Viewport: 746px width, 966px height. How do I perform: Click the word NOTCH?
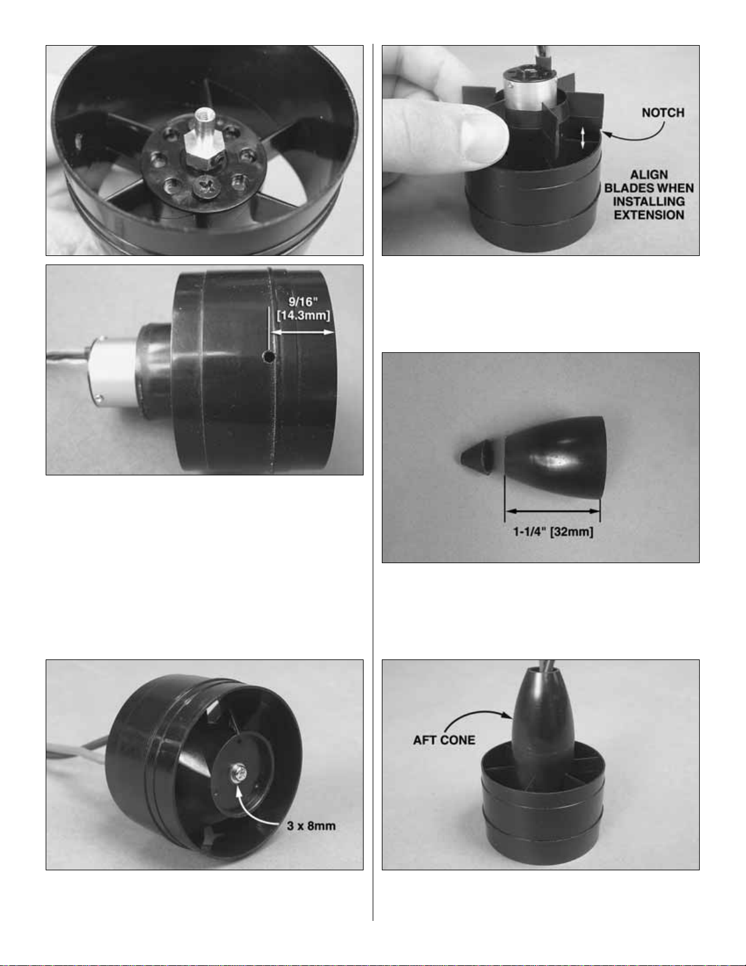tap(663, 113)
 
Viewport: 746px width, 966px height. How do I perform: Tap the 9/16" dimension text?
tap(303, 302)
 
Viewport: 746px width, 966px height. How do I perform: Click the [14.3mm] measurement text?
tap(303, 316)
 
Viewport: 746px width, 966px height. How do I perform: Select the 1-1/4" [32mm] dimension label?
tap(554, 531)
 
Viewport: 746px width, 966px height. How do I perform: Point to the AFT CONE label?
tap(444, 740)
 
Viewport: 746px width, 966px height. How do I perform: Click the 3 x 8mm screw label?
tap(311, 826)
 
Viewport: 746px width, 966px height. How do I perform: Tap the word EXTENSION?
tap(649, 215)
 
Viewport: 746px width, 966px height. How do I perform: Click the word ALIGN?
tap(649, 175)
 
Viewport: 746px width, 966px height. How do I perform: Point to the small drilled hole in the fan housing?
tap(268, 356)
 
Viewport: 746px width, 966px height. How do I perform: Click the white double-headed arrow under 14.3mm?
tap(303, 332)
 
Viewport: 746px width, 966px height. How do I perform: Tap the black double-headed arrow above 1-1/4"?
tap(553, 511)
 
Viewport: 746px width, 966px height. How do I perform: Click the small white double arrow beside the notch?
tap(583, 137)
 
